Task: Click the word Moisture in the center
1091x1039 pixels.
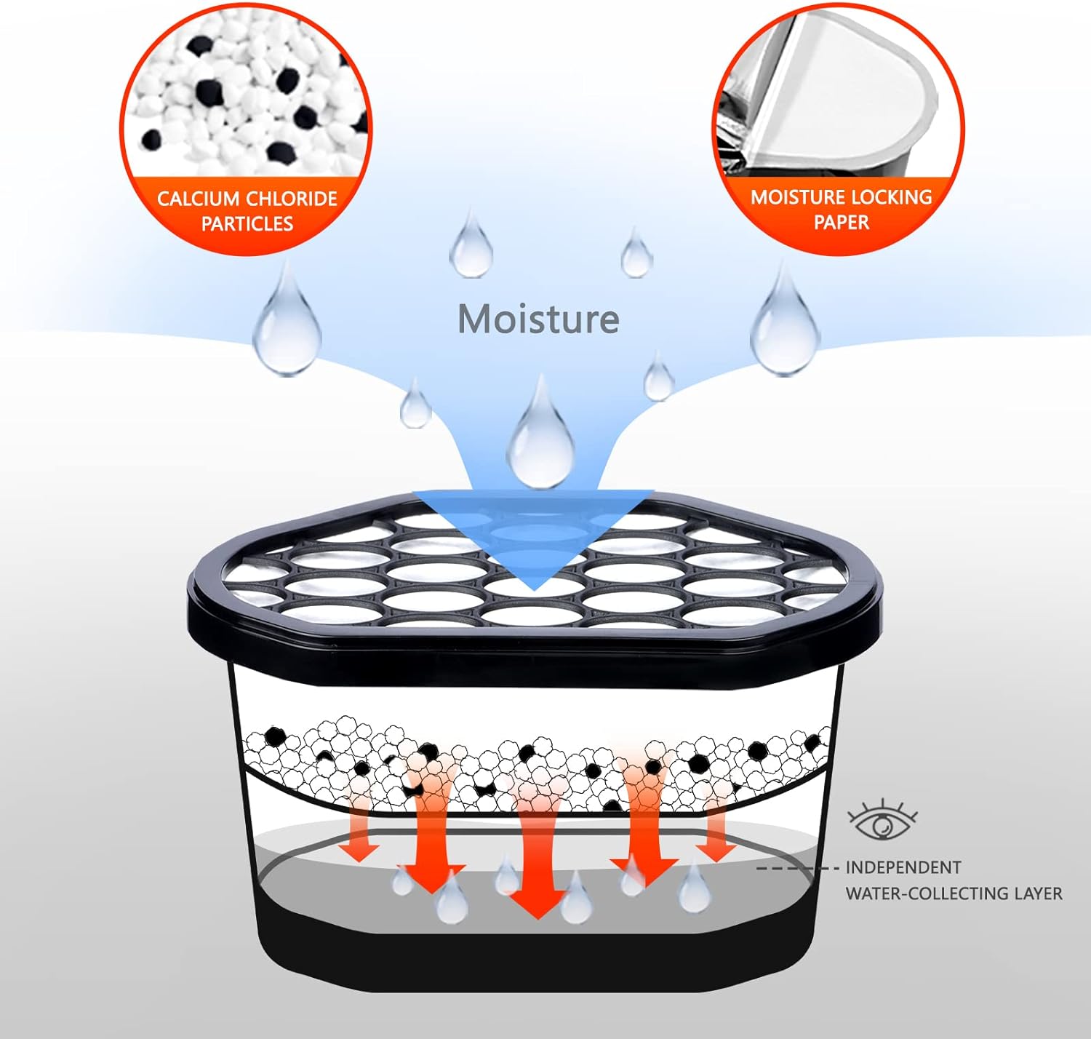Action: pyautogui.click(x=538, y=319)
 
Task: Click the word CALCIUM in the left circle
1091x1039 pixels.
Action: pyautogui.click(x=198, y=199)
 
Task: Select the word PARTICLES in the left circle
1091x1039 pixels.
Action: pyautogui.click(x=247, y=223)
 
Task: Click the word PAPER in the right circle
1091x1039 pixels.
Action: pyautogui.click(x=841, y=222)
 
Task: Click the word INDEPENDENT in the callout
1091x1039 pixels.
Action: pyautogui.click(x=903, y=867)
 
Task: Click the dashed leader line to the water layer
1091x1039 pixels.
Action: pyautogui.click(x=797, y=868)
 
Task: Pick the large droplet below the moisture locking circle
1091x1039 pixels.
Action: pyautogui.click(x=785, y=325)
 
